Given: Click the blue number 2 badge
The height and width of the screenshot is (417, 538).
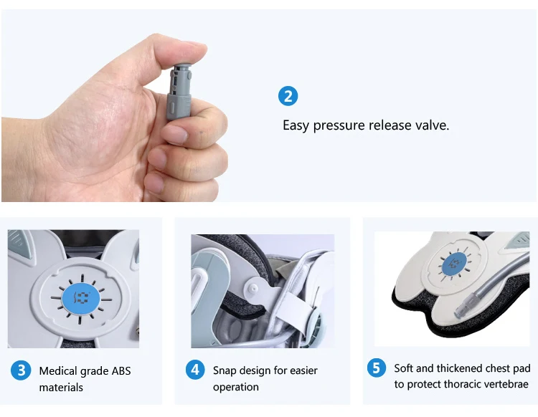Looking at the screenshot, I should coord(287,96).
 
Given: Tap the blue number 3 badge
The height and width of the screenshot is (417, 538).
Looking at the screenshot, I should coord(21,370).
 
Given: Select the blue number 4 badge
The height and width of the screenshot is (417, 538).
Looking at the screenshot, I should coord(194,370).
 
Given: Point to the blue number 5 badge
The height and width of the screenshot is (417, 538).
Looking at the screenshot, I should coord(377,368).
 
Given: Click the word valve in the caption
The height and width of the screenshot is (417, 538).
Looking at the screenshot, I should coord(432,125).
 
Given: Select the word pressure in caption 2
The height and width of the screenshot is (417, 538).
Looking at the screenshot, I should coord(339,125).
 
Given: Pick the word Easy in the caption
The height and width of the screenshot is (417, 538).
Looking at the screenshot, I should coord(296,125).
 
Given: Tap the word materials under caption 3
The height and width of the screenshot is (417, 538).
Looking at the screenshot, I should coord(61,388).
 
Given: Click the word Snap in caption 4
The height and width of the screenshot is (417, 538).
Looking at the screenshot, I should coord(226,370).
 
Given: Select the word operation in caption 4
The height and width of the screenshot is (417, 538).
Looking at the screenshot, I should coord(236,387).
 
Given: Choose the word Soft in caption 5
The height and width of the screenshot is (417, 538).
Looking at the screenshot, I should coord(405,368).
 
